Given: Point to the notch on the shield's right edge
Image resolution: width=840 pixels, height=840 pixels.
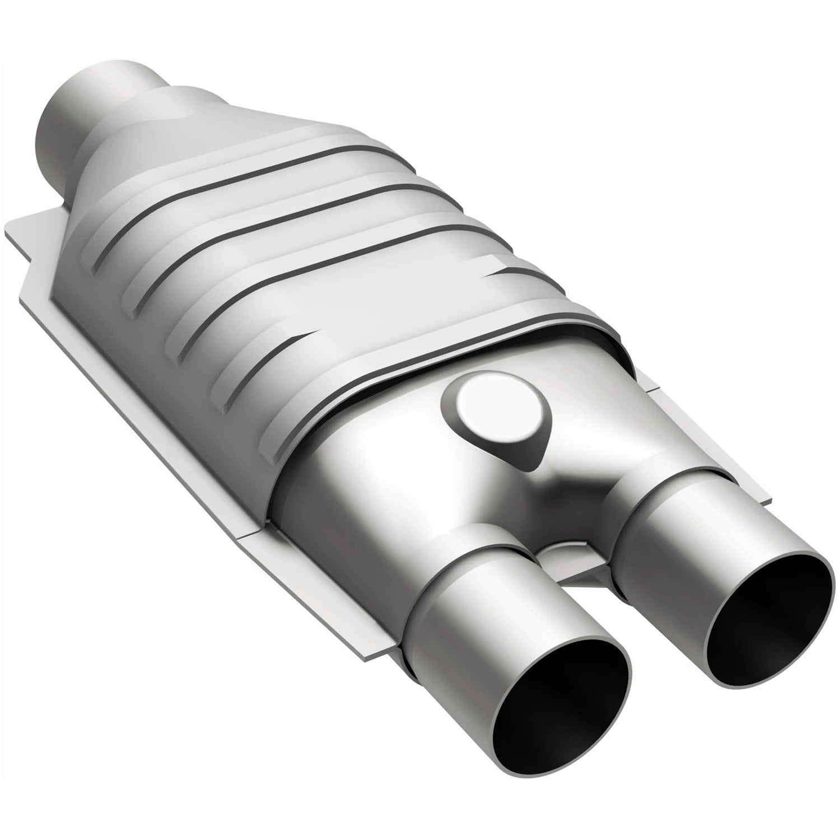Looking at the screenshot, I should pyautogui.click(x=493, y=263).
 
